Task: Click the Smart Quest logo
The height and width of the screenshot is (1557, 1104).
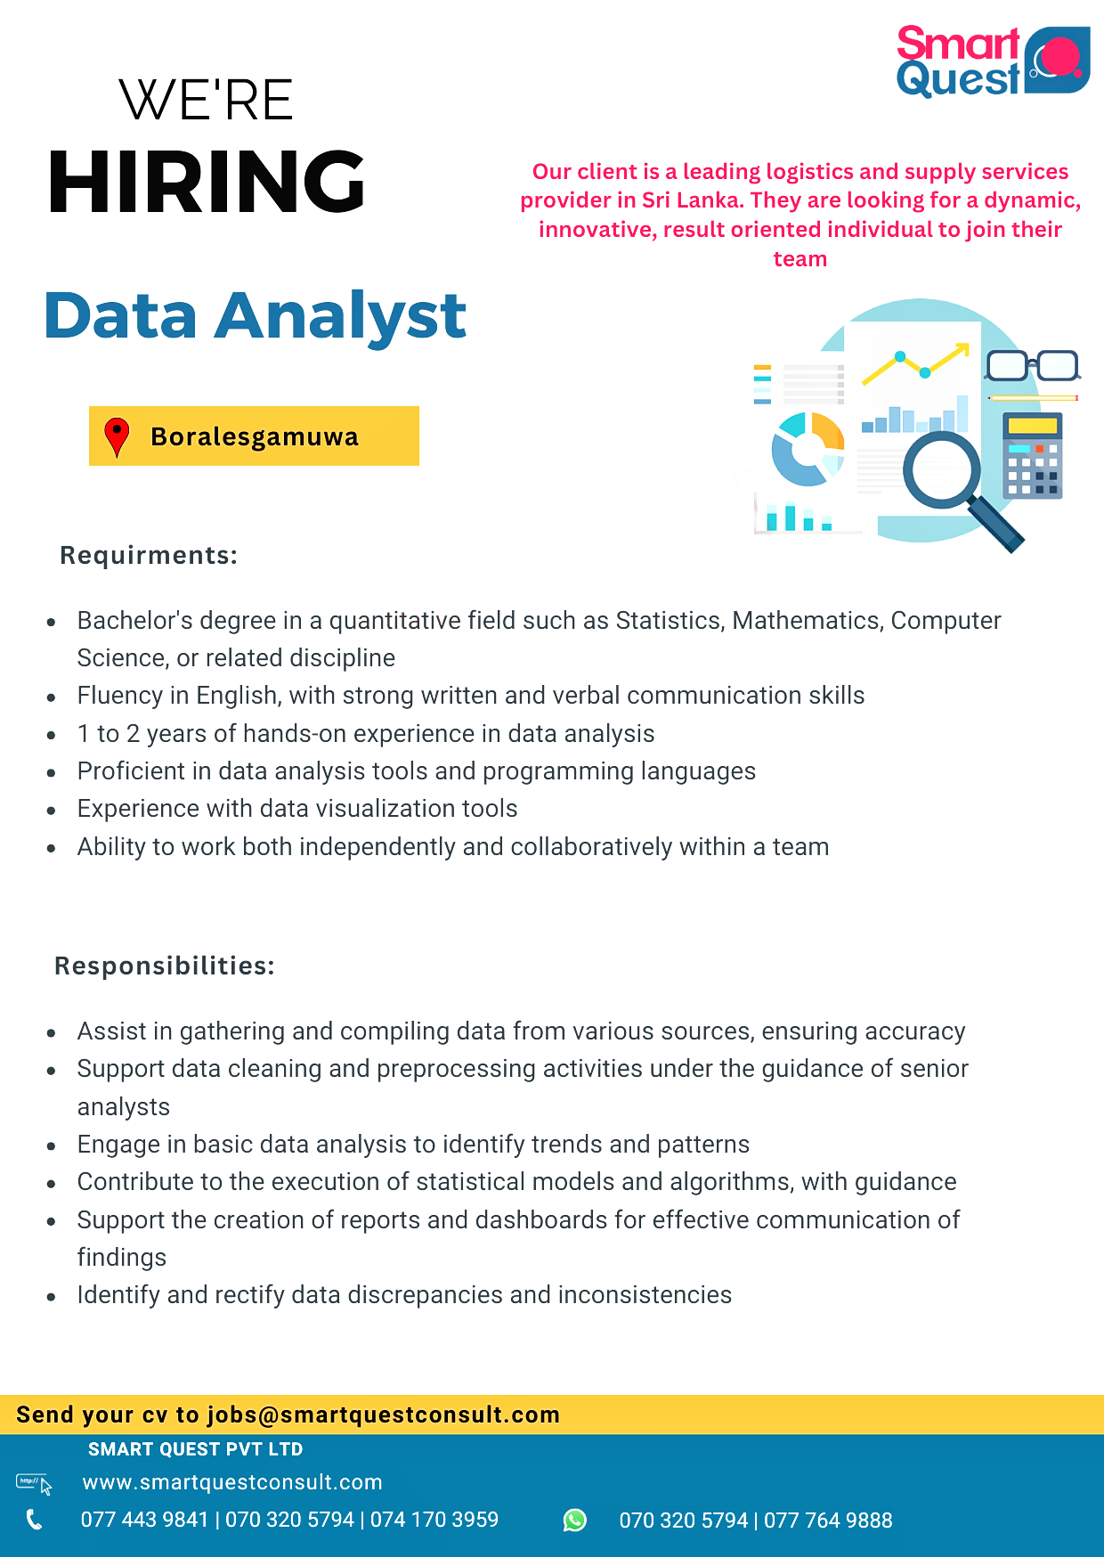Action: click(992, 61)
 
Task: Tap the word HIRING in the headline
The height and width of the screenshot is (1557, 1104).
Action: click(207, 182)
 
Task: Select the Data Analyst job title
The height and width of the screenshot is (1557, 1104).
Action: click(255, 316)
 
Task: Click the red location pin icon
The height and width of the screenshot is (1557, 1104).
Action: click(117, 436)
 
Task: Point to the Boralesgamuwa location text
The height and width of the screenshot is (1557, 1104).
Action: click(255, 436)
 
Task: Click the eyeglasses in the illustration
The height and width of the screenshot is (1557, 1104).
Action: click(1032, 364)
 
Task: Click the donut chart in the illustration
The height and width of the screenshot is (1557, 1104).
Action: click(808, 449)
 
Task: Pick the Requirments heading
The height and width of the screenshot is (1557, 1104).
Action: click(149, 555)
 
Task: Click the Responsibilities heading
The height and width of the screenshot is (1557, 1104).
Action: click(165, 966)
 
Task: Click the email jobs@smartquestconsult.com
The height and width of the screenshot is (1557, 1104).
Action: click(384, 1414)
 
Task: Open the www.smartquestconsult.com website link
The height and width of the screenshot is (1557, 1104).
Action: click(232, 1482)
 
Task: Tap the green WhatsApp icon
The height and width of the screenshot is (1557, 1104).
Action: click(575, 1520)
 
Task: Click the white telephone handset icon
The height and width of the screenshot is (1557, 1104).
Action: click(34, 1520)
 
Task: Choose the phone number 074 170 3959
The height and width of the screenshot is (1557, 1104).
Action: click(434, 1520)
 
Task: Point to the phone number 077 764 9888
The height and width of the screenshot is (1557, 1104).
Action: click(828, 1520)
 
